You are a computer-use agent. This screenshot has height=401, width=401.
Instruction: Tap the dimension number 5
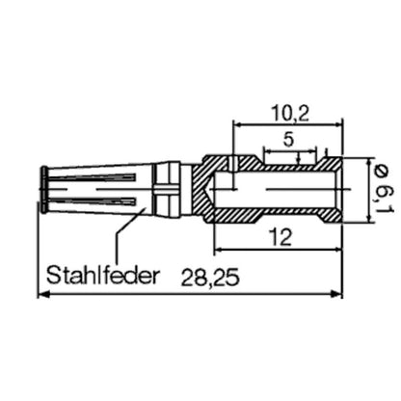pyautogui.click(x=288, y=139)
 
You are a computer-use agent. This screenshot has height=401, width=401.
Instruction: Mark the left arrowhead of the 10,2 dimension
pyautogui.click(x=236, y=124)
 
